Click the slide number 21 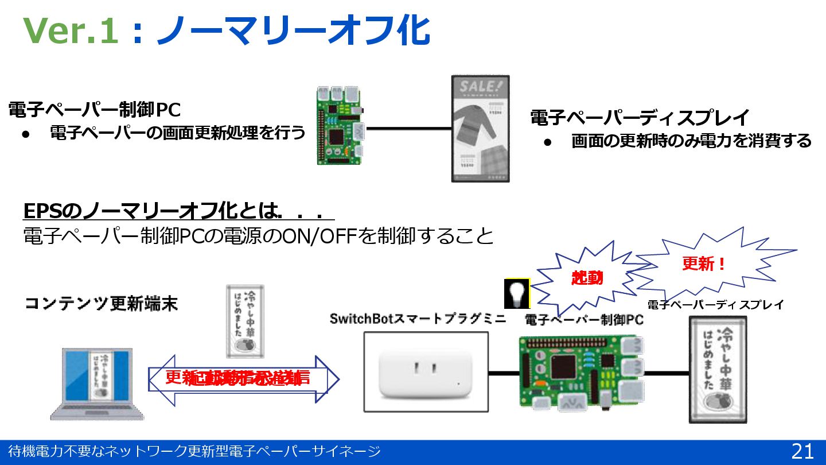click(x=802, y=451)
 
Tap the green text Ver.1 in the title click(x=71, y=31)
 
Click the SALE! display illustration click(x=480, y=129)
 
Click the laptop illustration click(x=98, y=383)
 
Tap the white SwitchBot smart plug click(x=426, y=373)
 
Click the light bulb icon click(x=517, y=293)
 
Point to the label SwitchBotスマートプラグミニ click(x=418, y=319)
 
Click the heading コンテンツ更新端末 click(x=101, y=304)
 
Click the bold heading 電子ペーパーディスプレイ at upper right click(x=640, y=118)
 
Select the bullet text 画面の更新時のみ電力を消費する click(x=691, y=141)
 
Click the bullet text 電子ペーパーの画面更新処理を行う click(x=178, y=133)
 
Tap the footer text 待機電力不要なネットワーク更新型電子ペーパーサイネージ click(x=194, y=451)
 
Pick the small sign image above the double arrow click(x=244, y=321)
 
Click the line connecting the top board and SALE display click(x=408, y=128)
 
